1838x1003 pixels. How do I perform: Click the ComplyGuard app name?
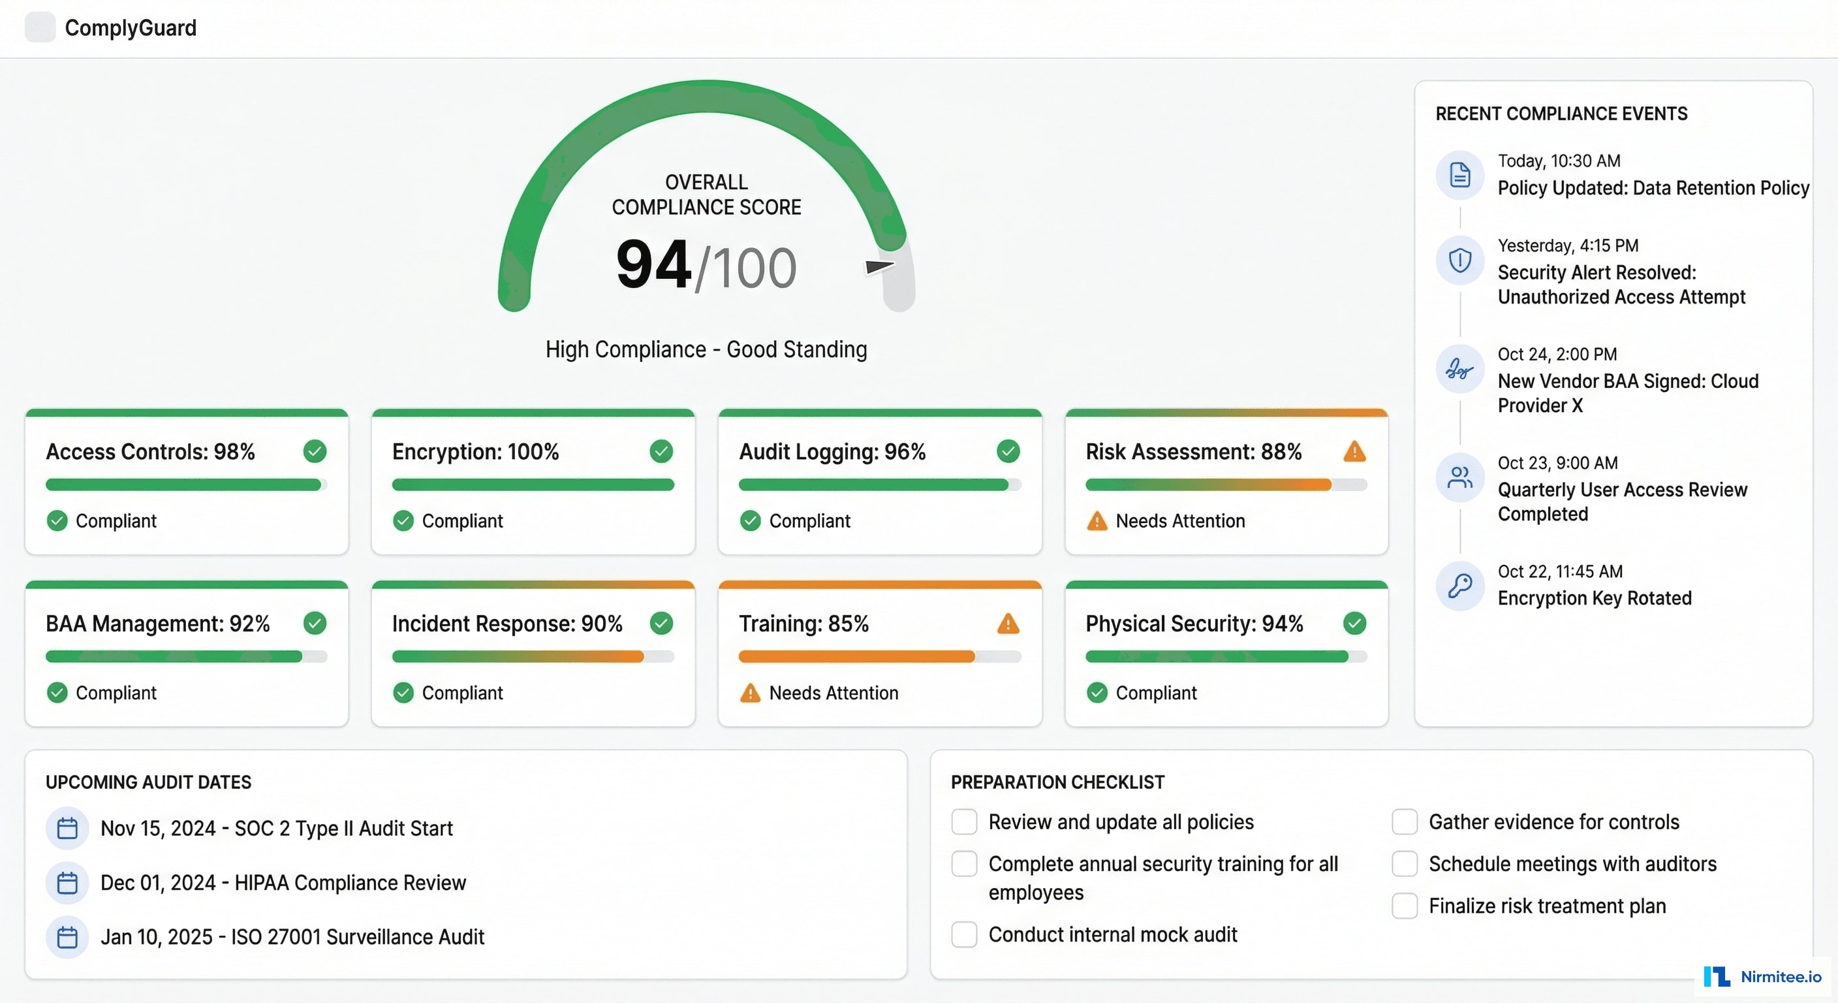click(130, 28)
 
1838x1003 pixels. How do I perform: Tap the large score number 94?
click(653, 265)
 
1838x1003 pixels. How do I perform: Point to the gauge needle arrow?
click(879, 266)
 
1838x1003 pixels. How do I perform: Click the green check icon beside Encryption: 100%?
click(661, 451)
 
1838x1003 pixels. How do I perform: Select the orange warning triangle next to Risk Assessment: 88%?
click(1354, 451)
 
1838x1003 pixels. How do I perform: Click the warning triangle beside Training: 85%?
click(1008, 623)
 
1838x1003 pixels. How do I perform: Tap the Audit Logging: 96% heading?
click(832, 452)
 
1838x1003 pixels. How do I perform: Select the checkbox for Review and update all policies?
click(964, 821)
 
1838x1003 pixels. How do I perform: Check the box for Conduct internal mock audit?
click(964, 934)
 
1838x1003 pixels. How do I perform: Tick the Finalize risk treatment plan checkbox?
click(1404, 905)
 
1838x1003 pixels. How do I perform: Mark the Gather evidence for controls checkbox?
click(1404, 821)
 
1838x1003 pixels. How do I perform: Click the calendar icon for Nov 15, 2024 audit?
click(67, 828)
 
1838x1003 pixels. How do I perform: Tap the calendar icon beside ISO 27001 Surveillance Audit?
click(67, 936)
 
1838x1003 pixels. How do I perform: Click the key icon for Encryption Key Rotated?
click(1460, 585)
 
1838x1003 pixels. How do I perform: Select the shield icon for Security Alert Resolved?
click(1460, 260)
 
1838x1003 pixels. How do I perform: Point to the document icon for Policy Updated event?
click(1460, 175)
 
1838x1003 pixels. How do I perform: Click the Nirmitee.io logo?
click(1762, 976)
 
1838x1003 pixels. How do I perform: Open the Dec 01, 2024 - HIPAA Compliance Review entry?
click(283, 882)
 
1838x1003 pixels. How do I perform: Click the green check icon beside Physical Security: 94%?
click(1354, 623)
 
